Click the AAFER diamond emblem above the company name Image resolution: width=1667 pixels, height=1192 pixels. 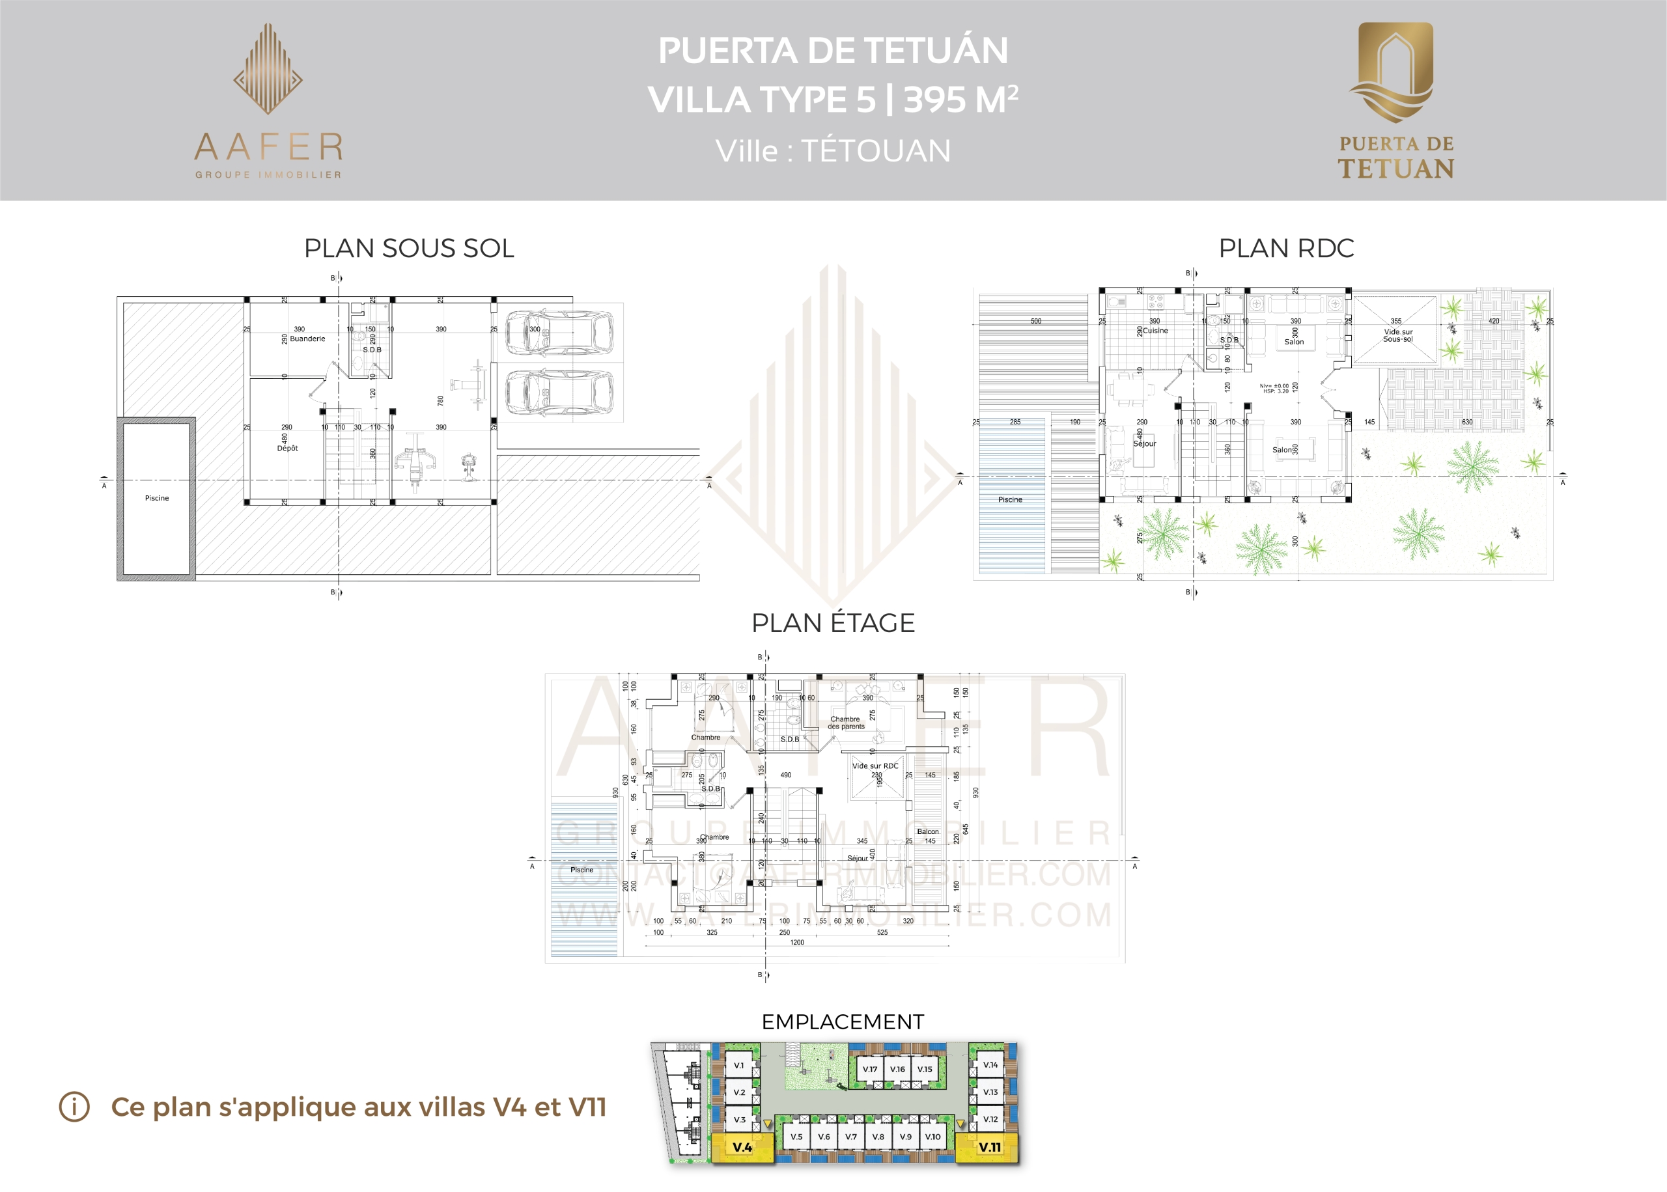pyautogui.click(x=268, y=70)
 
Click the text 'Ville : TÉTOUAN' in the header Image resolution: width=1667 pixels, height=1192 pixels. pyautogui.click(x=833, y=151)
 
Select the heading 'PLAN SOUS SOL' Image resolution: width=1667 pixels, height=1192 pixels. pyautogui.click(x=409, y=248)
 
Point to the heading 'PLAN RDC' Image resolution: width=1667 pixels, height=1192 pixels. pyautogui.click(x=1286, y=248)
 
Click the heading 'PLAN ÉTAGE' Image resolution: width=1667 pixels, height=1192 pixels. pyautogui.click(x=833, y=622)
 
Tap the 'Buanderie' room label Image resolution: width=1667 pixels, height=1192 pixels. pyautogui.click(x=307, y=339)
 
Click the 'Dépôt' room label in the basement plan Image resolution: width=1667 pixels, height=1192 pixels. pyautogui.click(x=287, y=448)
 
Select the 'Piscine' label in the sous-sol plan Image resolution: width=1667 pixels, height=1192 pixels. pyautogui.click(x=156, y=497)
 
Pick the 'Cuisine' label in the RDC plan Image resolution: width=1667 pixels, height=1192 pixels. pyautogui.click(x=1155, y=330)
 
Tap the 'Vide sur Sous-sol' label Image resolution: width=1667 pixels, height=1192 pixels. pyautogui.click(x=1397, y=335)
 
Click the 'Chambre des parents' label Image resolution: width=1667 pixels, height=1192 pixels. pyautogui.click(x=847, y=723)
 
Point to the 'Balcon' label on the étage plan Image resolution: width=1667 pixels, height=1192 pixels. pyautogui.click(x=927, y=831)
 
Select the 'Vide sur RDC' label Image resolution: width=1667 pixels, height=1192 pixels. pyautogui.click(x=875, y=766)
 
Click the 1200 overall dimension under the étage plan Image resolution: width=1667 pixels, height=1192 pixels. pyautogui.click(x=797, y=943)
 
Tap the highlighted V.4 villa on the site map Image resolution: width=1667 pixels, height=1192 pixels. pyautogui.click(x=742, y=1147)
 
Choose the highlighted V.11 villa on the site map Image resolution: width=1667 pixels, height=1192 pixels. pyautogui.click(x=988, y=1147)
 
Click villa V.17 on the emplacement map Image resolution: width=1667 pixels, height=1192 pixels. pyautogui.click(x=870, y=1070)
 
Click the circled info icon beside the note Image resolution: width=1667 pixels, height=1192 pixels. pyautogui.click(x=74, y=1107)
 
